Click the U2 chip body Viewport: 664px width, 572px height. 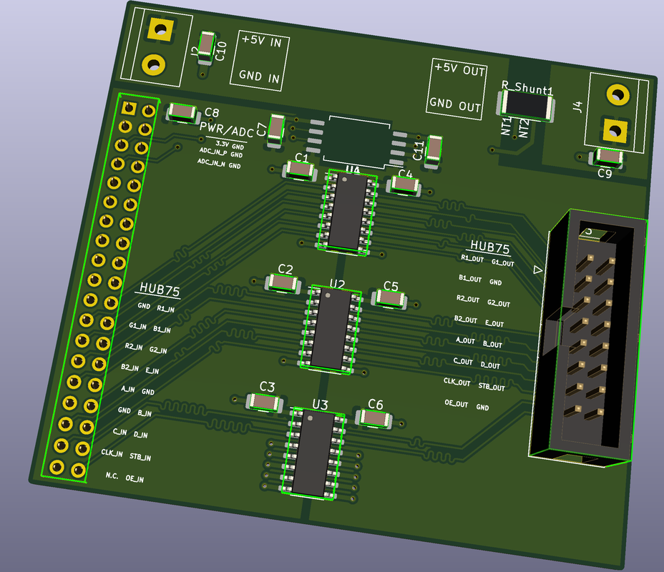[331, 328]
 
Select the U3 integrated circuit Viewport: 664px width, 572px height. [312, 453]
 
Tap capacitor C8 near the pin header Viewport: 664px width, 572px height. [183, 112]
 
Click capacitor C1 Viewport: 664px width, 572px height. [299, 170]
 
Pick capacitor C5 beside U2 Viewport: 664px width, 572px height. [389, 299]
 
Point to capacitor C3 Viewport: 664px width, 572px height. [264, 403]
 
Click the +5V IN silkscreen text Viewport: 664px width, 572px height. [260, 41]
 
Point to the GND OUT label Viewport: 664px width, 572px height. [455, 105]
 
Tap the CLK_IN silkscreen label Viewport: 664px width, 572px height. [112, 453]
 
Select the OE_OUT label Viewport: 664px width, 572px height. [456, 404]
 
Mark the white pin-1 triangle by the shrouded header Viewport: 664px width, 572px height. [538, 270]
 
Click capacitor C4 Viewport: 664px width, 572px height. [404, 186]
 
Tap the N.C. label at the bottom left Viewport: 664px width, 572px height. [112, 475]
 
